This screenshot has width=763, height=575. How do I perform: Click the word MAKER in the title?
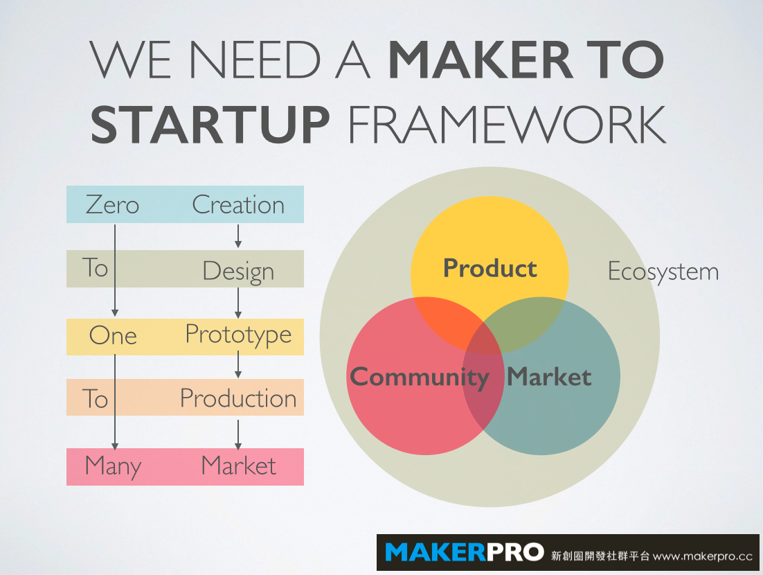[481, 60]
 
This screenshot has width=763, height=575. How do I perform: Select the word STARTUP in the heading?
[210, 125]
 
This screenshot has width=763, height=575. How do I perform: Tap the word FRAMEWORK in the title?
[507, 125]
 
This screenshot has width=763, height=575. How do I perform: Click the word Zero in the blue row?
[112, 204]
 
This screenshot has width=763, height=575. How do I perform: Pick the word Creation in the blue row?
[238, 204]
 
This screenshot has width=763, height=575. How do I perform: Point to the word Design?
[238, 272]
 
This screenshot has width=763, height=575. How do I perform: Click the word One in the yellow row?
[113, 335]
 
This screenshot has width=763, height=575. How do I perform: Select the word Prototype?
[238, 335]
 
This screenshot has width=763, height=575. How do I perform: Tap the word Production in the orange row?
[238, 398]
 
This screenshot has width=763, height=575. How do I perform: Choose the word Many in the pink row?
[113, 466]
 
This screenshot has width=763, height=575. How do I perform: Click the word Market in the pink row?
[238, 466]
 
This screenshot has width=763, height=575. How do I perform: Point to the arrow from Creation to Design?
[238, 236]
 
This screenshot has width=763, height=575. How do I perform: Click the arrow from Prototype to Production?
[238, 364]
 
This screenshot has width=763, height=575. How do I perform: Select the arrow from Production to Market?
[238, 435]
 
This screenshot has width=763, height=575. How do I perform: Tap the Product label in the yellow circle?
[490, 269]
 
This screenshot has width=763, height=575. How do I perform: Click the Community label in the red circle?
[420, 378]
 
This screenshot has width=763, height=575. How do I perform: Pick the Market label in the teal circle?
[549, 377]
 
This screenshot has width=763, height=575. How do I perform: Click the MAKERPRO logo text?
[464, 552]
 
